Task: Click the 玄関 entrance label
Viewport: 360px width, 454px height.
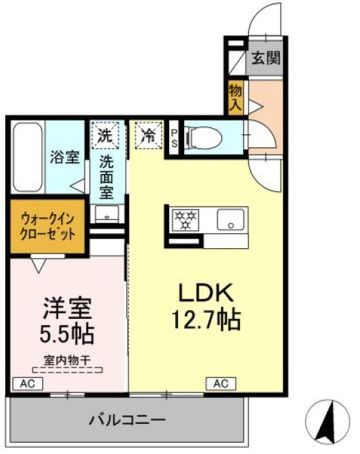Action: [x=266, y=57]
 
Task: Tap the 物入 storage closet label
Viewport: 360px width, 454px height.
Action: [x=235, y=97]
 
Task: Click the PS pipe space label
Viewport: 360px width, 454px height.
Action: [x=174, y=138]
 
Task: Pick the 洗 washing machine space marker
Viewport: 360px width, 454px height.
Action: [x=104, y=137]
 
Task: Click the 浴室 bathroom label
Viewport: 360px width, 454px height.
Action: [x=65, y=158]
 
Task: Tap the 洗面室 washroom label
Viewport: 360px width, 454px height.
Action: [x=106, y=176]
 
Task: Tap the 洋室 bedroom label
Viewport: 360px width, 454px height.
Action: [x=67, y=308]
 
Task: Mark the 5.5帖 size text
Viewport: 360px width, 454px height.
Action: [x=66, y=333]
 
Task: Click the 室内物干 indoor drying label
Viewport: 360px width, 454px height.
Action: [x=66, y=360]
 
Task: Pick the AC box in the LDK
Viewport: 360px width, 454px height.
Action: [x=220, y=384]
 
